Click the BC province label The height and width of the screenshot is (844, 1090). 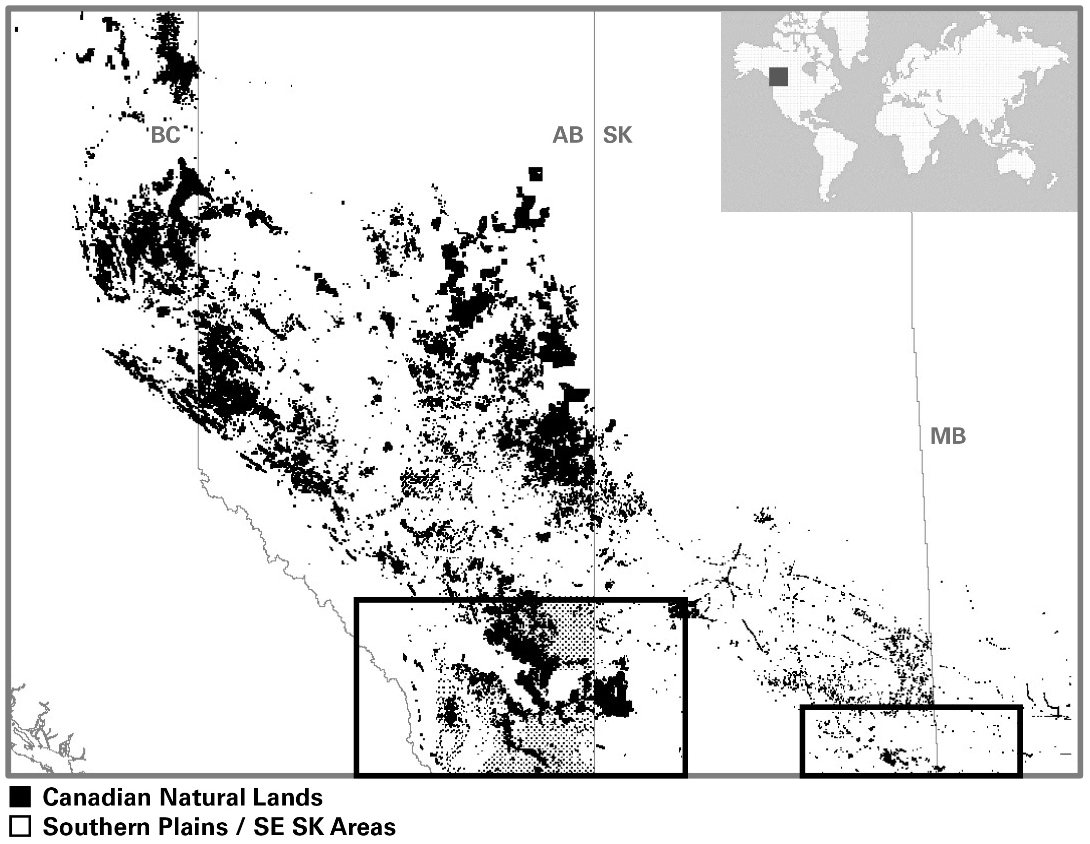pyautogui.click(x=165, y=135)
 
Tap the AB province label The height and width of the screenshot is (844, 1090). pyautogui.click(x=567, y=135)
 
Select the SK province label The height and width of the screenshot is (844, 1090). pyautogui.click(x=618, y=135)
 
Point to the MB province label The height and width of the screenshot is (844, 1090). pyautogui.click(x=948, y=437)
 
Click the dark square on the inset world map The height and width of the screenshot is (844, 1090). pyautogui.click(x=778, y=77)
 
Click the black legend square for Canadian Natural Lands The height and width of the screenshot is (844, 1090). pyautogui.click(x=20, y=798)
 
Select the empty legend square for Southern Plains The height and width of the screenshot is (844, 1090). pyautogui.click(x=20, y=827)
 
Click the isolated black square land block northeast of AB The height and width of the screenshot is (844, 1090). pyautogui.click(x=536, y=174)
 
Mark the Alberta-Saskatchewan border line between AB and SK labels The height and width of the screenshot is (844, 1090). pyautogui.click(x=594, y=135)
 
